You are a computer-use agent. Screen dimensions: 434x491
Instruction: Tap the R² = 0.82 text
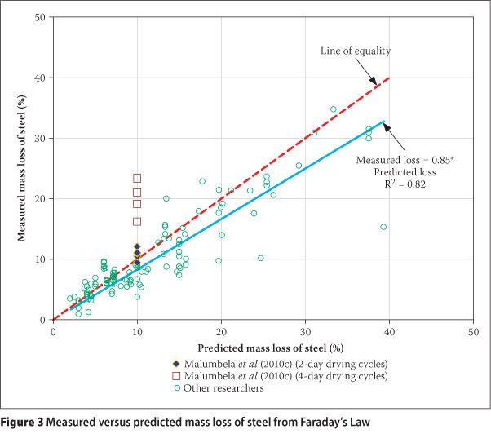(x=400, y=186)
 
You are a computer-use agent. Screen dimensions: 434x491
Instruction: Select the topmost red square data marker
(x=137, y=178)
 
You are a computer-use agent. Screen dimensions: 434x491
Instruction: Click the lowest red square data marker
(x=137, y=221)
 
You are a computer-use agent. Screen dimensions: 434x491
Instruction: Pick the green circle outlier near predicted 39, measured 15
(x=383, y=227)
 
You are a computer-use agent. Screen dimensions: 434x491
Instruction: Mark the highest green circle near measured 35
(x=333, y=109)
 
